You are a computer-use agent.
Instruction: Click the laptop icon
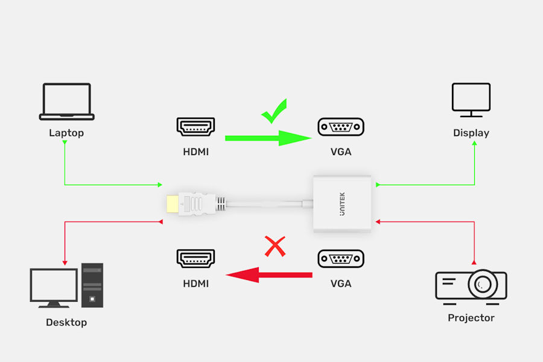tap(67, 101)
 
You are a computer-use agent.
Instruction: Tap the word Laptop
tap(66, 133)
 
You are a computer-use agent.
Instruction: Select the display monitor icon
tap(471, 100)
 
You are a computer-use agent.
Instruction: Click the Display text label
tap(471, 133)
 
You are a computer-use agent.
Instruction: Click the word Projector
tap(471, 318)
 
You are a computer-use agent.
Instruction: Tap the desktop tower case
tap(92, 285)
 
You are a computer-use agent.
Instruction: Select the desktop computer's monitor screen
tap(54, 285)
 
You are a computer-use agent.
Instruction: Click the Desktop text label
tap(66, 323)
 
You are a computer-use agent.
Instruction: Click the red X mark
tap(275, 246)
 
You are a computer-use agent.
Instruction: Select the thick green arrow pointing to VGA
tap(268, 138)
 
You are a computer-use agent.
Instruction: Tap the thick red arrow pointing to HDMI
tap(269, 275)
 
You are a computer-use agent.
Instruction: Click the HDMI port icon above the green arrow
tap(195, 127)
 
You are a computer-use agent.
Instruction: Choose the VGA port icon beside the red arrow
tap(341, 258)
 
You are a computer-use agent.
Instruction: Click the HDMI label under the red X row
tap(195, 284)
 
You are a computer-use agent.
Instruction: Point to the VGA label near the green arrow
tap(341, 151)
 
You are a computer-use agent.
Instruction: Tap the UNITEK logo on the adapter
tap(342, 204)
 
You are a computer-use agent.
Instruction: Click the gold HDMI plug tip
tap(173, 204)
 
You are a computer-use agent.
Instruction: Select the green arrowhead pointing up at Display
tap(474, 143)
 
